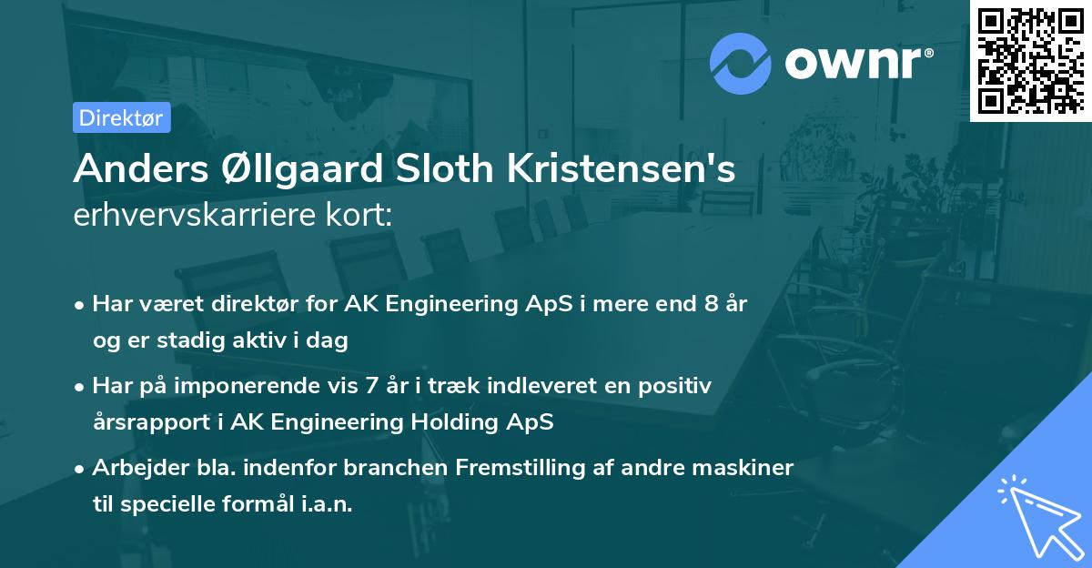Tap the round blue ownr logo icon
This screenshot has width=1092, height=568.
point(741,63)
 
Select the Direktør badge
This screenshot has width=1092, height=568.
point(122,117)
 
